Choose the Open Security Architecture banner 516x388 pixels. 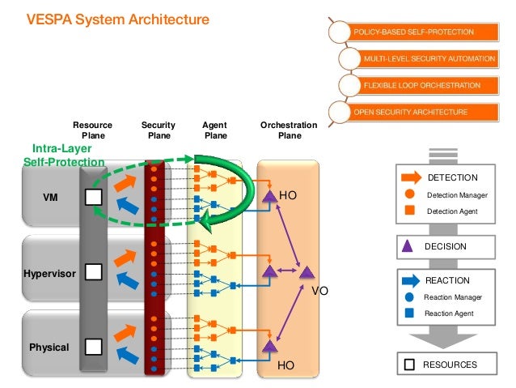(412, 112)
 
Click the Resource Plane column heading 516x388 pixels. (93, 130)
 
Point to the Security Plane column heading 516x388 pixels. (159, 130)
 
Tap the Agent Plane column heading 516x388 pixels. (215, 130)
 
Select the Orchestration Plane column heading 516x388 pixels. (289, 130)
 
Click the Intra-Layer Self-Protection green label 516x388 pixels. (64, 156)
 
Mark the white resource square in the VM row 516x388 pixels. (94, 197)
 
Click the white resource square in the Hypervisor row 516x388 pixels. (94, 272)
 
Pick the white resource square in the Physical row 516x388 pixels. (94, 347)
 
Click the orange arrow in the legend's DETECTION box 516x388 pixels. (412, 177)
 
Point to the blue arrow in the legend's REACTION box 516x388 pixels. (411, 281)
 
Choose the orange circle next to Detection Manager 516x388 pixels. (410, 194)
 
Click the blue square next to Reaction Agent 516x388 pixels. (410, 313)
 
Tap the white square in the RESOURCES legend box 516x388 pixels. (409, 365)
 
